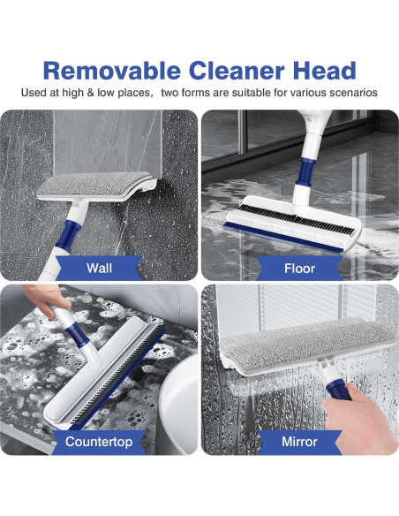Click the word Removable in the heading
tap(112, 71)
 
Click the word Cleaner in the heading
tap(237, 71)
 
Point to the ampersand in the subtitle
tap(90, 93)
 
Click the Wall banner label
tap(99, 269)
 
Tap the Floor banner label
tap(299, 269)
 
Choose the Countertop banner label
tap(99, 442)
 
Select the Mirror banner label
tap(299, 442)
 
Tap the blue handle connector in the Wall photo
tap(68, 234)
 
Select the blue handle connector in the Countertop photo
tap(77, 335)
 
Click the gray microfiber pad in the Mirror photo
tap(307, 345)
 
